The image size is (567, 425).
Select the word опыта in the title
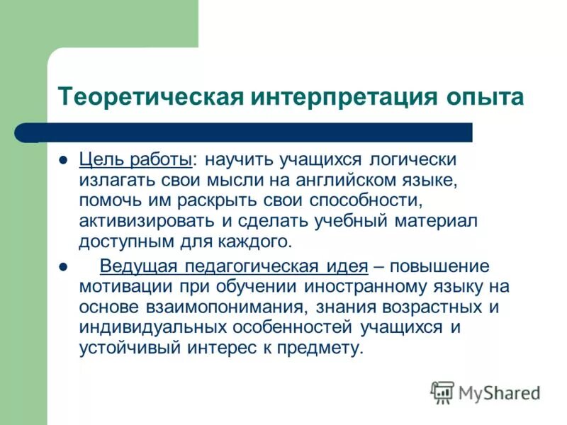pos(480,96)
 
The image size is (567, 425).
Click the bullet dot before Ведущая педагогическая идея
pos(62,268)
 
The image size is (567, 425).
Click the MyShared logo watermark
pos(485,392)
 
